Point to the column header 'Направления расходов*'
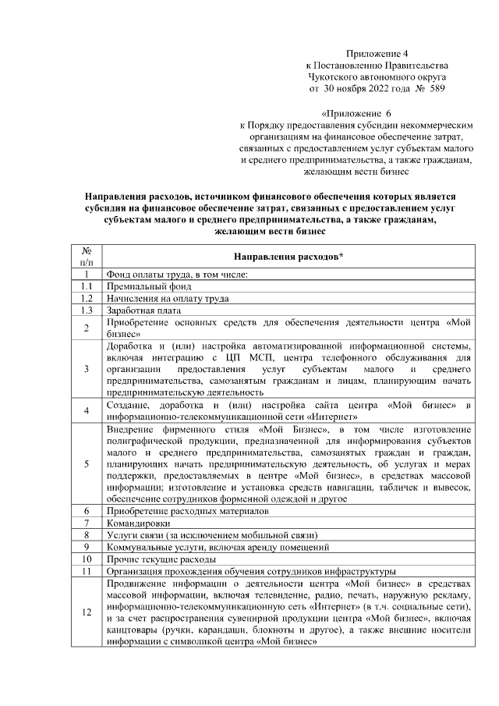pyautogui.click(x=288, y=257)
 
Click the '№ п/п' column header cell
pyautogui.click(x=87, y=257)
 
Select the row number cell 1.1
pyautogui.click(x=87, y=286)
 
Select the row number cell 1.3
pyautogui.click(x=87, y=310)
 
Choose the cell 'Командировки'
pyautogui.click(x=136, y=523)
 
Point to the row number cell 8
pyautogui.click(x=87, y=534)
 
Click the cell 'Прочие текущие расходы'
pyautogui.click(x=159, y=559)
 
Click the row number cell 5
pyautogui.click(x=87, y=463)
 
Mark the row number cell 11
pyautogui.click(x=87, y=570)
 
